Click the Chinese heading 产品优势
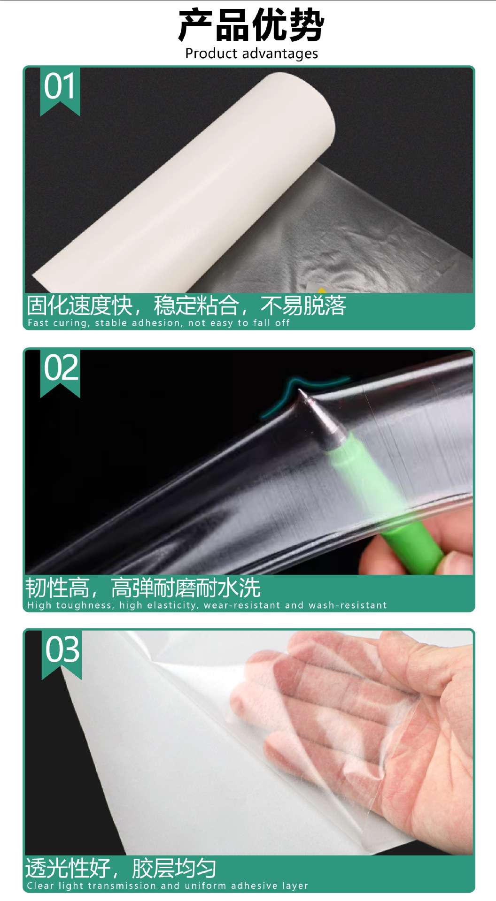pyautogui.click(x=251, y=25)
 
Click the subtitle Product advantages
pyautogui.click(x=252, y=53)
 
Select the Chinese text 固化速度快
pyautogui.click(x=80, y=305)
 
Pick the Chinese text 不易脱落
pyautogui.click(x=303, y=305)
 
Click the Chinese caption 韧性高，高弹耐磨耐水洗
pyautogui.click(x=143, y=588)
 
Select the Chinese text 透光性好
pyautogui.click(x=68, y=868)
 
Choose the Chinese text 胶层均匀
pyautogui.click(x=174, y=868)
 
